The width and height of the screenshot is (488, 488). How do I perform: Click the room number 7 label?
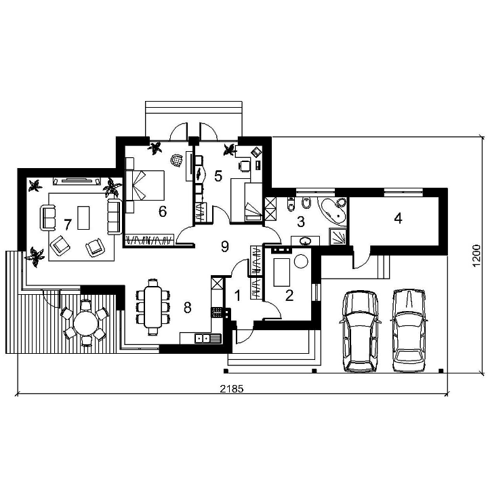click(x=68, y=224)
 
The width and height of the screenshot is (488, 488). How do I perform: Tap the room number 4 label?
click(x=398, y=218)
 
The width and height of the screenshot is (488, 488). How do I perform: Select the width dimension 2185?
click(x=232, y=388)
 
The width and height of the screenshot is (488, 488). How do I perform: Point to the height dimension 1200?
click(x=476, y=256)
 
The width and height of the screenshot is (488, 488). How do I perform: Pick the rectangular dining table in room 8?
click(x=153, y=307)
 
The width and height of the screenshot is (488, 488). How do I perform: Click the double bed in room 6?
click(x=145, y=185)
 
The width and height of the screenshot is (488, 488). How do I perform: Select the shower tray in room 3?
click(x=338, y=237)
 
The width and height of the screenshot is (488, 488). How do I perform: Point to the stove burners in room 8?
click(x=218, y=312)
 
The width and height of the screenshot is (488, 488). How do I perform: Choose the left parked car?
click(x=361, y=331)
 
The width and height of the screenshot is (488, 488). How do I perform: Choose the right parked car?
click(x=409, y=330)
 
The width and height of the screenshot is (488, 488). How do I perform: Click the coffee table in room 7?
click(x=83, y=218)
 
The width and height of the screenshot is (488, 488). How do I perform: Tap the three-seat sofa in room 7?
click(x=115, y=217)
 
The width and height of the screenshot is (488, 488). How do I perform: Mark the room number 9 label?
click(x=225, y=247)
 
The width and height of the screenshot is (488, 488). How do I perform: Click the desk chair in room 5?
click(x=244, y=165)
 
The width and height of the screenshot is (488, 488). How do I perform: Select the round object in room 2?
click(x=301, y=261)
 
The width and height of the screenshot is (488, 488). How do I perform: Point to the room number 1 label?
click(x=237, y=296)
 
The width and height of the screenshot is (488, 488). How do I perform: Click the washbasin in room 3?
click(x=305, y=241)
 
